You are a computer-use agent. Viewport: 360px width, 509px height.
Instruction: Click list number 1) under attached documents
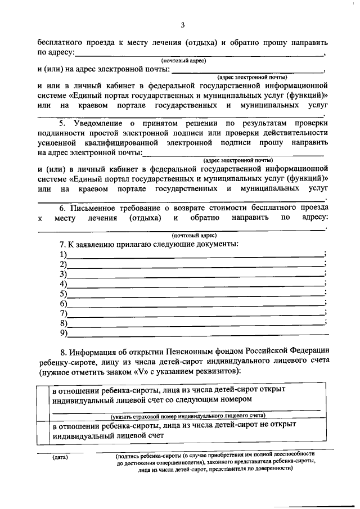pyautogui.click(x=63, y=255)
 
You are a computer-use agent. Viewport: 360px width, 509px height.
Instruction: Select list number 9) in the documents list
pyautogui.click(x=63, y=333)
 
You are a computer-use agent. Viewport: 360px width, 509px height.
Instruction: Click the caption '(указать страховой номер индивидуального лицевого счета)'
pyautogui.click(x=188, y=416)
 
